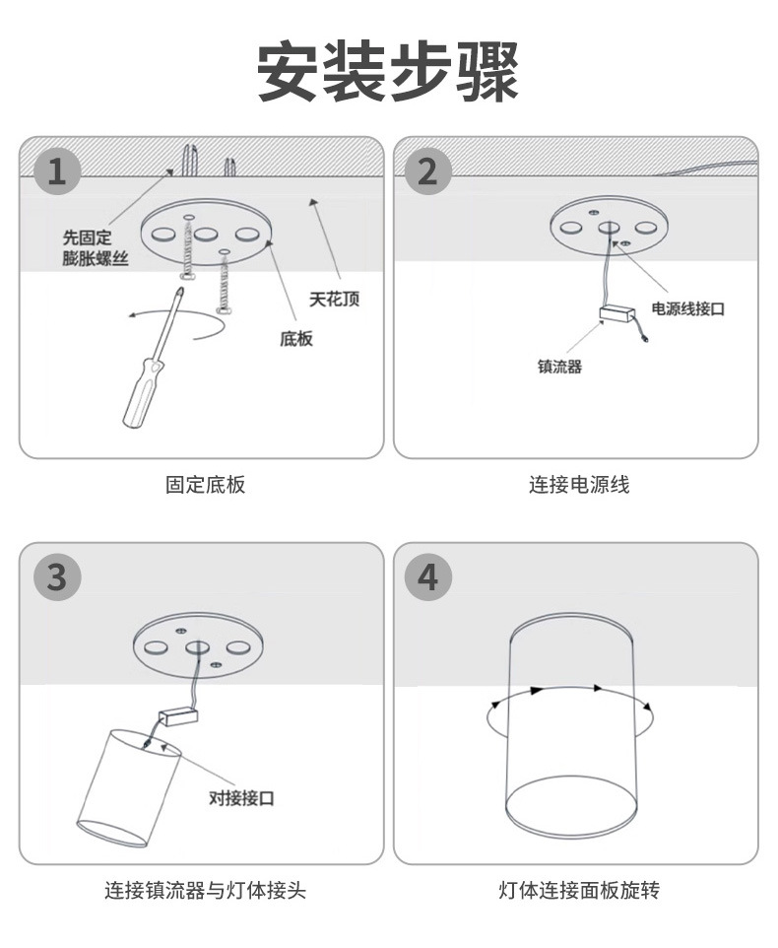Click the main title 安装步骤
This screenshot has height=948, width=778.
click(x=388, y=72)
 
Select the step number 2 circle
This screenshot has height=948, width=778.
click(x=427, y=171)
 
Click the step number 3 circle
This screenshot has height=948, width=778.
click(x=57, y=576)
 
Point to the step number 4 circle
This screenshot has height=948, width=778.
click(x=427, y=576)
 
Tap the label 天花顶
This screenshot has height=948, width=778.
click(x=334, y=299)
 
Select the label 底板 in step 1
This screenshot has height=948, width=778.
click(x=295, y=338)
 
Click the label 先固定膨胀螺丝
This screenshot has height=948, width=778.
click(x=95, y=247)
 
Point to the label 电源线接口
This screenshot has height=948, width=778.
click(x=687, y=308)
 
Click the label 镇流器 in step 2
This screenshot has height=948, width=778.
click(x=559, y=366)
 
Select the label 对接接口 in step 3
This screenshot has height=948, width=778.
click(x=241, y=797)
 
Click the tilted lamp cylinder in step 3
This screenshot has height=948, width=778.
click(x=128, y=788)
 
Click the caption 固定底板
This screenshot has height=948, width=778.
click(x=204, y=484)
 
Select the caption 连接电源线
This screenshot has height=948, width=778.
click(x=578, y=484)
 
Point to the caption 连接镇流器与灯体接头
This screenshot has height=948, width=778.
click(x=205, y=891)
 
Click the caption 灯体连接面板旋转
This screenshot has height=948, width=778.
click(x=578, y=891)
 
